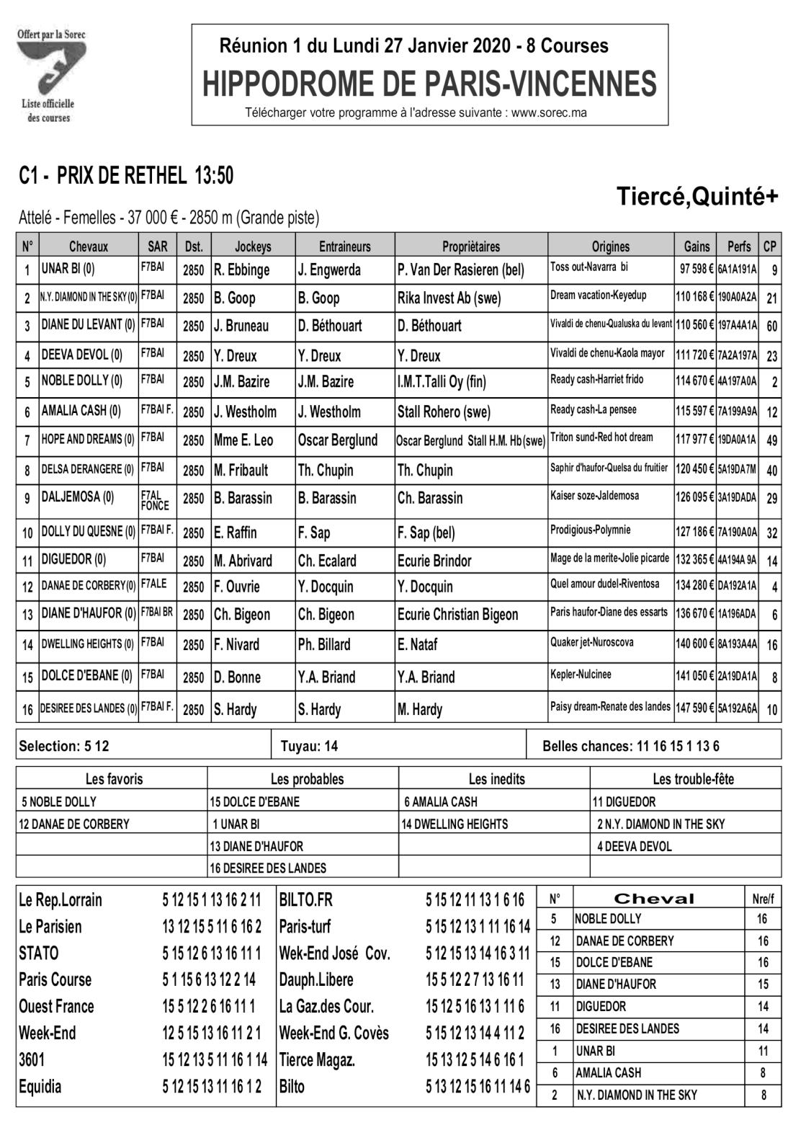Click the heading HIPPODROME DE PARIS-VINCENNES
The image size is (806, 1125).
click(429, 84)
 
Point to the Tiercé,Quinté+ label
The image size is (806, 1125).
click(697, 196)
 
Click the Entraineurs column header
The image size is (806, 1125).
click(344, 246)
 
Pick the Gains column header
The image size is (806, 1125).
click(696, 246)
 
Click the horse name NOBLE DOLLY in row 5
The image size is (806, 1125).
click(81, 381)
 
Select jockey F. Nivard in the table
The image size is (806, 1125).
click(236, 644)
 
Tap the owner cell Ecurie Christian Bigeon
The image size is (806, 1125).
click(457, 615)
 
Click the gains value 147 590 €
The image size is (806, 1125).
click(694, 708)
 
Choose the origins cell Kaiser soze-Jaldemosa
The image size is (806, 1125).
click(594, 496)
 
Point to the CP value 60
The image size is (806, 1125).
click(771, 326)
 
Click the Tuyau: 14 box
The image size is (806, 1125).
click(310, 746)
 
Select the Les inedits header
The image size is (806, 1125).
click(496, 779)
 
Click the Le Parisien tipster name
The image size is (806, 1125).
click(50, 926)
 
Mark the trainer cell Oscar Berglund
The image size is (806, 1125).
click(337, 440)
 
